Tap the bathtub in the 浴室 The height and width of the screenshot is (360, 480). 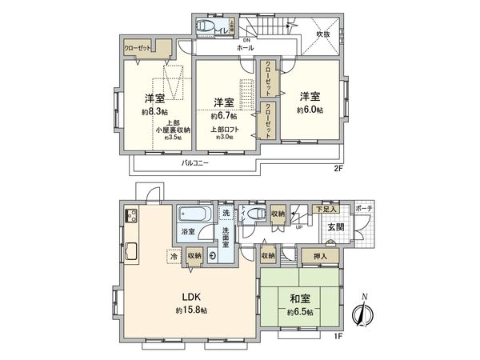(192, 216)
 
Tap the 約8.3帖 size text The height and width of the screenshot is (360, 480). (154, 112)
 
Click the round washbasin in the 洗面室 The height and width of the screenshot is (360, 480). (213, 256)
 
